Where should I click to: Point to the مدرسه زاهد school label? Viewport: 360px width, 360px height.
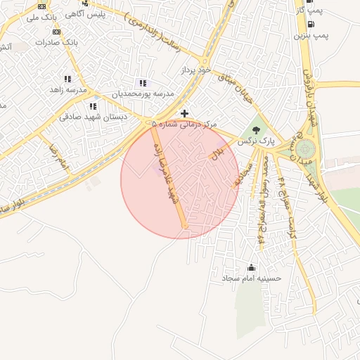click(67, 90)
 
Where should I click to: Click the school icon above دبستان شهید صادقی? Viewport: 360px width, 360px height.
click(93, 106)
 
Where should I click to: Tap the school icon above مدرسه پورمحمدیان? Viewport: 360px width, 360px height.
click(143, 84)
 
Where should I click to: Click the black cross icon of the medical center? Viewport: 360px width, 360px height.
click(184, 113)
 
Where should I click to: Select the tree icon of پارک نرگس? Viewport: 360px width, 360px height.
click(255, 130)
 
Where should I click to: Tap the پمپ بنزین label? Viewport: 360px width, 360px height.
click(310, 34)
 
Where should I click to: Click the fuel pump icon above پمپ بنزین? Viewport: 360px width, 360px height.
click(310, 23)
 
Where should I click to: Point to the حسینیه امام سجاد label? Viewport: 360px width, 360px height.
click(252, 278)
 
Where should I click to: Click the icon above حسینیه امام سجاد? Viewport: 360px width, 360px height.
click(252, 267)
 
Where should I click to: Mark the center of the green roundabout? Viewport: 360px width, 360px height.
click(305, 149)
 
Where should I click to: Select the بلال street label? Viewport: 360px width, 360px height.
click(218, 153)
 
